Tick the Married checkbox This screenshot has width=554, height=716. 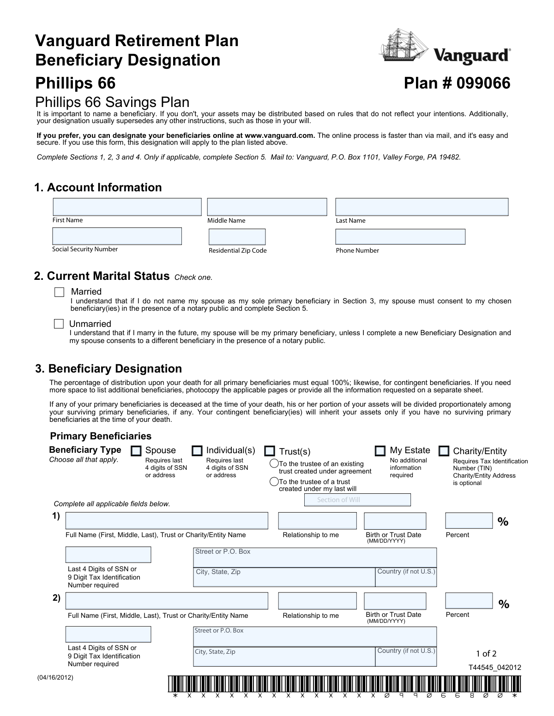coord(60,292)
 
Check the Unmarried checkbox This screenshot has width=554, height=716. coord(59,324)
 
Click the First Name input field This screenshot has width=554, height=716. coord(127,207)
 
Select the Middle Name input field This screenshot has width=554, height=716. coord(267,207)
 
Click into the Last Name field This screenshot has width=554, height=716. coord(422,207)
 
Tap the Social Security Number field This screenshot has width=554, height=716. coord(117,236)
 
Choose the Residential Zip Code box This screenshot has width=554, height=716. coord(237,237)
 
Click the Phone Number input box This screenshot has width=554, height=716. coord(400,237)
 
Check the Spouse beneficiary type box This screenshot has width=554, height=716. coord(136,450)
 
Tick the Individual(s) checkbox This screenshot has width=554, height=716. coord(197,450)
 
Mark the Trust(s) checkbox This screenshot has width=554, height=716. coord(270,451)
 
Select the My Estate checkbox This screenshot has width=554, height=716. coord(380,450)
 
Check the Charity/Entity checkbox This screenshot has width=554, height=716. coord(444,450)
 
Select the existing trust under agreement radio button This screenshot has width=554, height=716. coord(274,463)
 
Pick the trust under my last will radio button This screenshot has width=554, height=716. coord(274,482)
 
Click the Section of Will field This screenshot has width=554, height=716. coord(357,500)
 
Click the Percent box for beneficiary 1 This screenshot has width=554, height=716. coord(469,521)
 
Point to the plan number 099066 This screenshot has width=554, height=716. coord(457,83)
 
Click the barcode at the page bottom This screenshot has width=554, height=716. coord(344,683)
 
